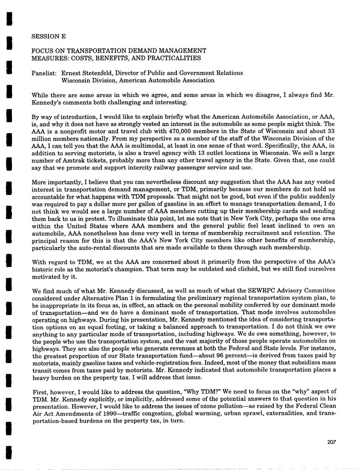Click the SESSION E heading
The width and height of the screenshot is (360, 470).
pyautogui.click(x=48, y=36)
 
